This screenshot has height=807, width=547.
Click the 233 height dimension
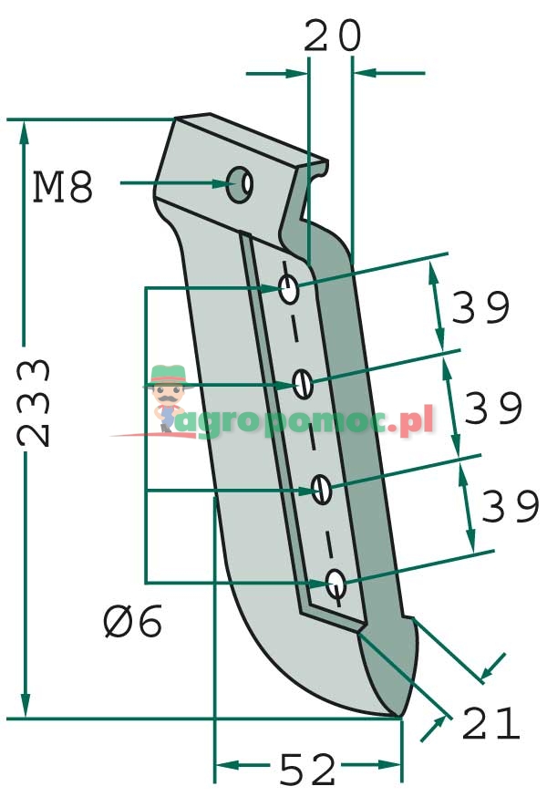36,402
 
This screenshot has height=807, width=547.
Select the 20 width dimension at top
332,37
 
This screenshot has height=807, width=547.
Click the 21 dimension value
490,724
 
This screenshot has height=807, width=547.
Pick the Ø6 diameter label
133,623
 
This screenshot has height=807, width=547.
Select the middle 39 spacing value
494,409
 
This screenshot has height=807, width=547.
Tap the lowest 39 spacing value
510,507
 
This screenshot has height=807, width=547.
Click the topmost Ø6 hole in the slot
289,292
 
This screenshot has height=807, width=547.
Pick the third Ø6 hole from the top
321,490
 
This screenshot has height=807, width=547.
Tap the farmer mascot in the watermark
168,397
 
